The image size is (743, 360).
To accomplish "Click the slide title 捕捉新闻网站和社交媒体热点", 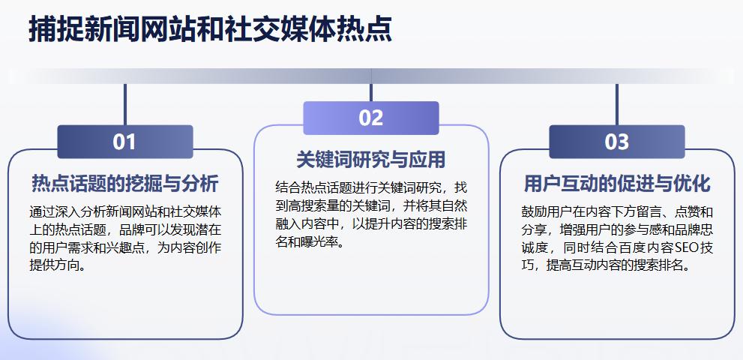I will pos(210,31).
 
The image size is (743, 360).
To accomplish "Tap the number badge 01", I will pos(124,142).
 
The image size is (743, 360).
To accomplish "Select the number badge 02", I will pos(370,118).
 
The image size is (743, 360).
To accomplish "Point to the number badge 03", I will pos(616,142).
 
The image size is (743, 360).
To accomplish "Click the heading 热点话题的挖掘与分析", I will pos(125,184).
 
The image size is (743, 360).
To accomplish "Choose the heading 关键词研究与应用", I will pos(370,160).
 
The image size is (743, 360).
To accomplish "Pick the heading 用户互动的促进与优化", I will pos(616,184).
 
